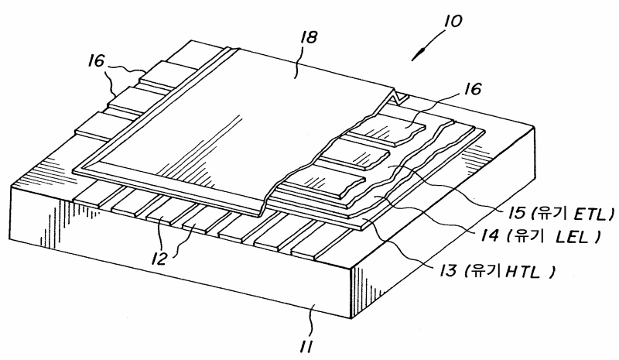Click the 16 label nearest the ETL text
(469, 91)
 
